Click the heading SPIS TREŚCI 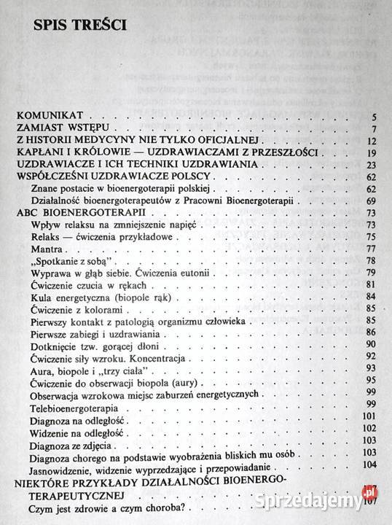pos(79,26)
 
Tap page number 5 pos(372,116)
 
